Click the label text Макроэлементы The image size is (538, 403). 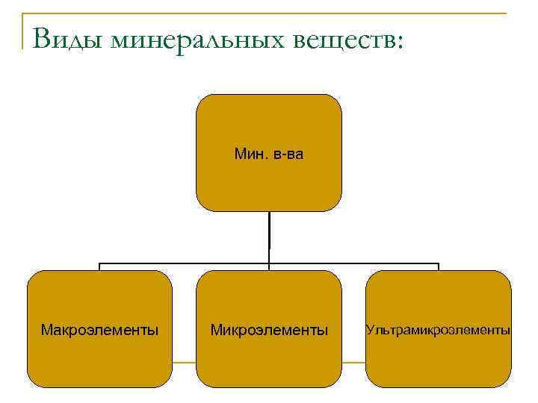99,329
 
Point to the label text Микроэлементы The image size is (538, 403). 268,329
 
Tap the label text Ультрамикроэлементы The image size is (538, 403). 438,329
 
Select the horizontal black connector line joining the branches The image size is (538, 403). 187,263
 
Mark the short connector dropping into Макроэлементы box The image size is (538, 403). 99,267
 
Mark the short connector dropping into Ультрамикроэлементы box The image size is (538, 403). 438,267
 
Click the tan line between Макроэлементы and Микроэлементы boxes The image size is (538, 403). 184,363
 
